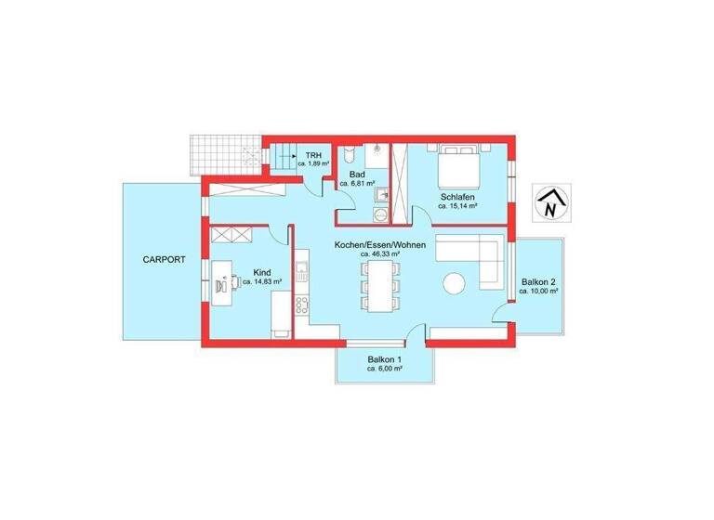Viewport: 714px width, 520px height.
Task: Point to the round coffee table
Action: (456, 283)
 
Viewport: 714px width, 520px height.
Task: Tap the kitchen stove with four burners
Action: (302, 305)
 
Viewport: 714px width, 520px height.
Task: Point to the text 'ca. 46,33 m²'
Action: (380, 253)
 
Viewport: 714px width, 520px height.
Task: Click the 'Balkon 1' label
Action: (384, 359)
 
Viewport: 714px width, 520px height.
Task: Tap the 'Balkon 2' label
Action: (538, 281)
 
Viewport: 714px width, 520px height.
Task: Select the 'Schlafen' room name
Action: (459, 197)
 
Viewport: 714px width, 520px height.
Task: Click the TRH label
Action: (313, 153)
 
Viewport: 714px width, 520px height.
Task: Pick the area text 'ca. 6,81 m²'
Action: (357, 184)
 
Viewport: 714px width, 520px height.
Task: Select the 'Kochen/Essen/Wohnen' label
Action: (380, 243)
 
